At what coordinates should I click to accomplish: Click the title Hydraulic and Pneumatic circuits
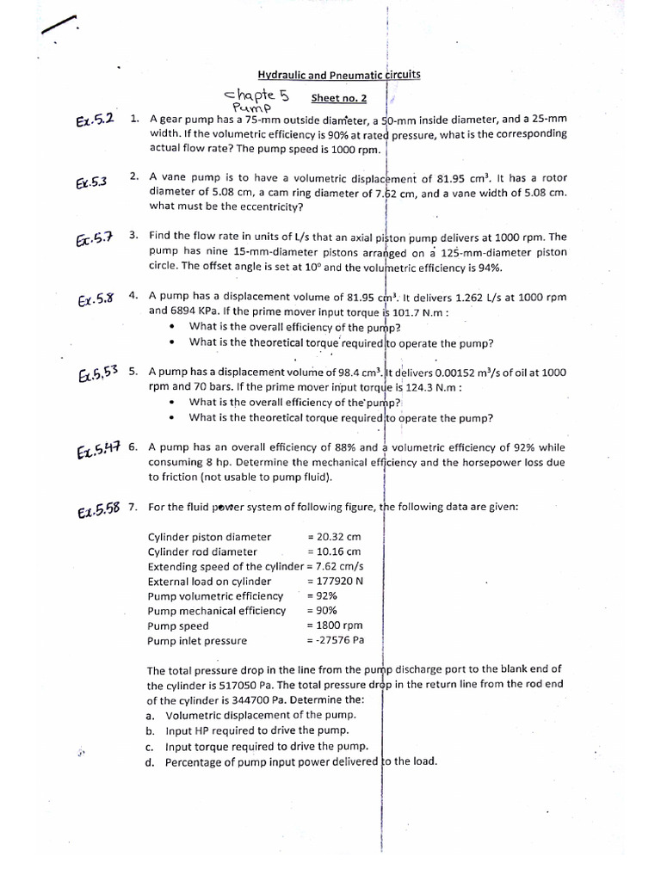click(x=339, y=76)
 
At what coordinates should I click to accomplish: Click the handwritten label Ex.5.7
click(x=94, y=238)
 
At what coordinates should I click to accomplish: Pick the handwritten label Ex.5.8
click(x=96, y=299)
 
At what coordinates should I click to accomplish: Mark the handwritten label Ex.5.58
click(x=97, y=511)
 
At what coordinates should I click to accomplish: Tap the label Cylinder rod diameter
click(x=202, y=551)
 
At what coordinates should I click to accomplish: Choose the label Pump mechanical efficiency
click(x=216, y=611)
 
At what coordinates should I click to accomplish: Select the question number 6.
click(x=133, y=447)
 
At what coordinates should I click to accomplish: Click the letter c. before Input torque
click(x=151, y=747)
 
